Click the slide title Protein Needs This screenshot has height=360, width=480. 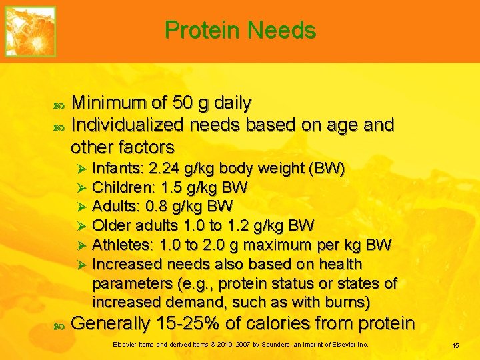point(240,30)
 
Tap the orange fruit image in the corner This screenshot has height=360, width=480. point(31,31)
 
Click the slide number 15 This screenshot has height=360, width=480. point(455,345)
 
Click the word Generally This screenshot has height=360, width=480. point(111,324)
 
